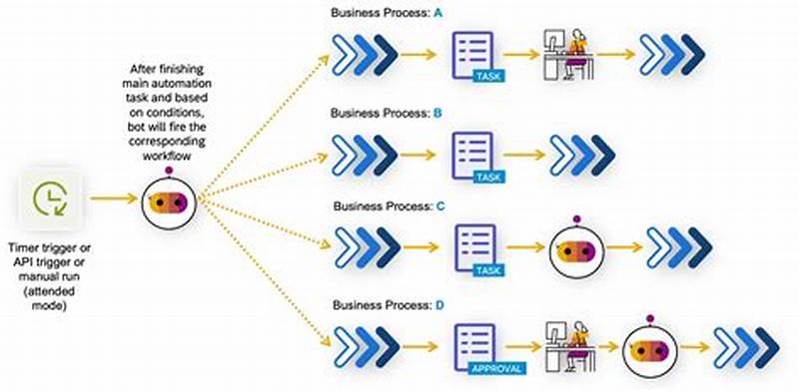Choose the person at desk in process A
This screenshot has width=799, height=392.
click(x=565, y=55)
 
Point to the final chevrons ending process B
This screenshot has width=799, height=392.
click(x=581, y=156)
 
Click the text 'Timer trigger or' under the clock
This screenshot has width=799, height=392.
click(x=49, y=246)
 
